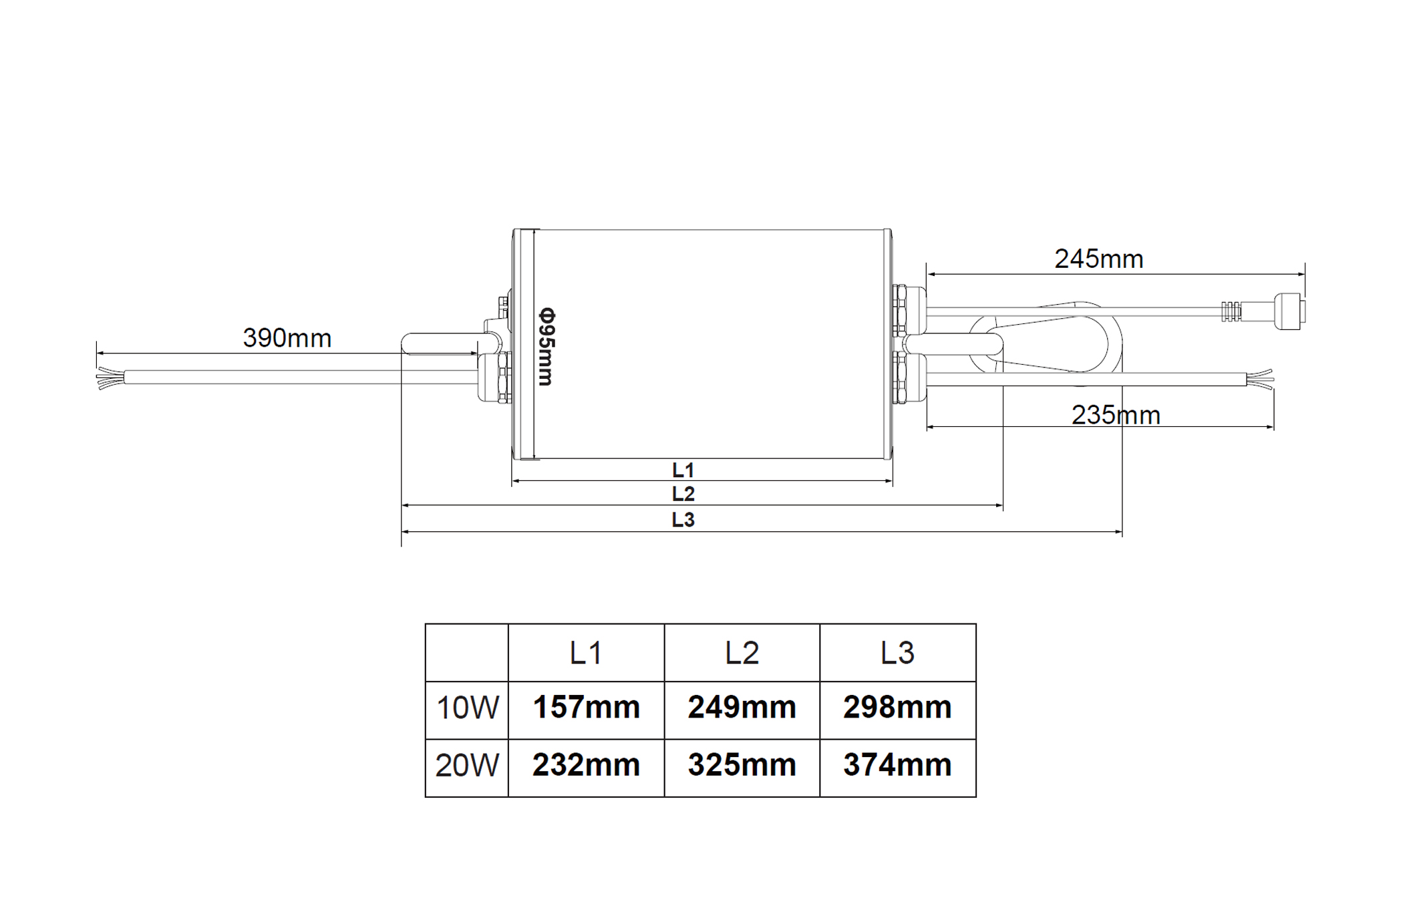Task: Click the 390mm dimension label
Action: pyautogui.click(x=287, y=338)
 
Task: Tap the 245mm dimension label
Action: pyautogui.click(x=1099, y=259)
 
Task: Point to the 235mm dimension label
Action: pyautogui.click(x=1116, y=416)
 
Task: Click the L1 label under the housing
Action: pyautogui.click(x=683, y=470)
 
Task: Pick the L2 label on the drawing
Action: pyautogui.click(x=683, y=494)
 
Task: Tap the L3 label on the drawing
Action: pyautogui.click(x=683, y=520)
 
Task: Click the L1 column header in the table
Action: pyautogui.click(x=586, y=653)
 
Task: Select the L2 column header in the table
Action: pyautogui.click(x=742, y=653)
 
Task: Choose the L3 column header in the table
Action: pyautogui.click(x=897, y=653)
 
